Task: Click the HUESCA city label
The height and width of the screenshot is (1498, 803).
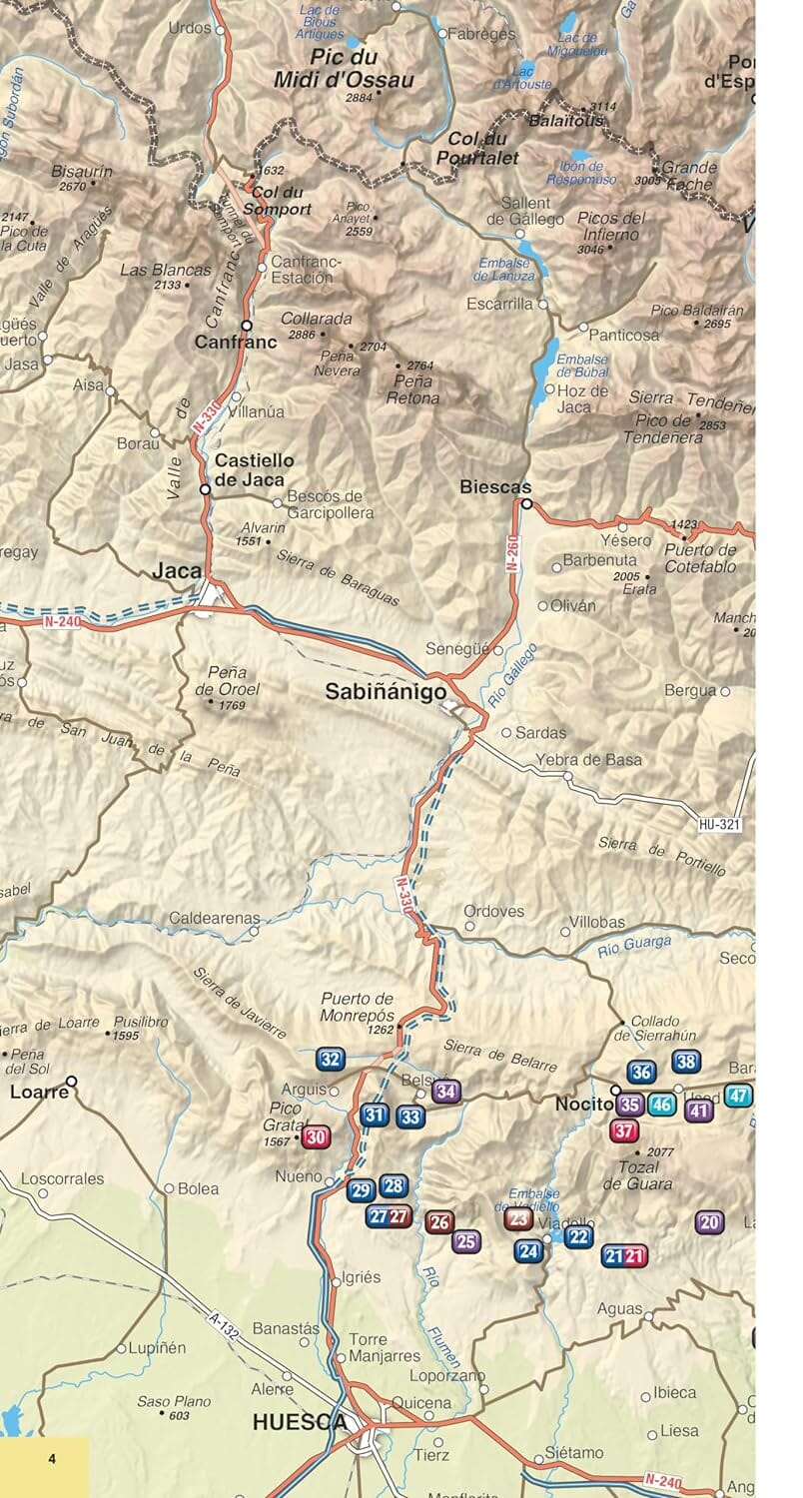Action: (x=301, y=1422)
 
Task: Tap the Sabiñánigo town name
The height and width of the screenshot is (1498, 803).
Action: (x=386, y=692)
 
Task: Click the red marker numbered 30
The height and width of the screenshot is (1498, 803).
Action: (x=316, y=1136)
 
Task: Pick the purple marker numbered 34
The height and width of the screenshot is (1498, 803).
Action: (x=446, y=1092)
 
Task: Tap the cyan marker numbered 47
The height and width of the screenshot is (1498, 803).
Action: (x=738, y=1095)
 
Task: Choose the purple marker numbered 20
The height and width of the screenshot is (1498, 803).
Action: (x=710, y=1220)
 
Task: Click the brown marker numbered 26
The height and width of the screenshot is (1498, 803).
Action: (x=439, y=1220)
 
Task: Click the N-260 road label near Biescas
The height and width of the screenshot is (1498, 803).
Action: (x=513, y=550)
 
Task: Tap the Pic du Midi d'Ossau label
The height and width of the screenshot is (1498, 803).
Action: (x=347, y=69)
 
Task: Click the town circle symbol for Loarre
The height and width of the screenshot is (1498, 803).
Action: (x=71, y=1081)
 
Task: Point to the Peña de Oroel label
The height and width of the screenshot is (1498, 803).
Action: (x=228, y=681)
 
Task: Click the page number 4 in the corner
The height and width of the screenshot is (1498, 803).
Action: (x=52, y=1459)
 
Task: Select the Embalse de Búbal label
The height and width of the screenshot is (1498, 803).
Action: (x=582, y=366)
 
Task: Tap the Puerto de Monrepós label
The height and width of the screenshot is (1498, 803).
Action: (x=358, y=1007)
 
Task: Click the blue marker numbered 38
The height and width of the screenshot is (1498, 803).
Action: (x=685, y=1062)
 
